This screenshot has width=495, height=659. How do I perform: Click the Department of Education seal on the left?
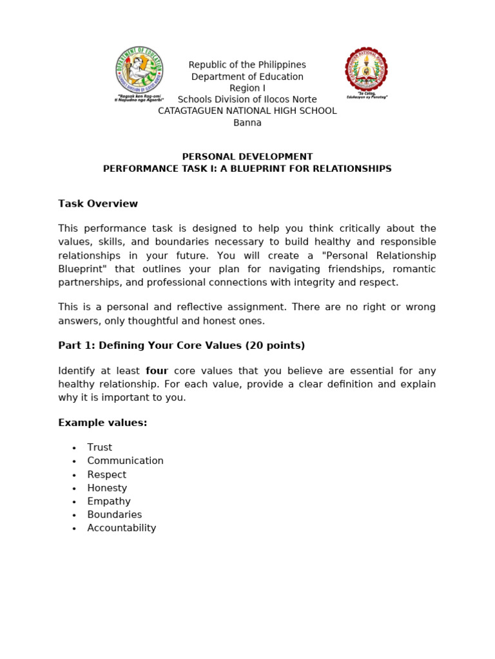pyautogui.click(x=139, y=70)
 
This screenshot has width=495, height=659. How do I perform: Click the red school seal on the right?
pyautogui.click(x=366, y=70)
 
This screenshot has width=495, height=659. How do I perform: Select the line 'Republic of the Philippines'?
pyautogui.click(x=247, y=65)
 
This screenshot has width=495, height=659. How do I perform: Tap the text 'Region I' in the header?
pyautogui.click(x=247, y=88)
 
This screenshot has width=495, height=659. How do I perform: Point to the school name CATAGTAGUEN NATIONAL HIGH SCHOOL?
pyautogui.click(x=247, y=111)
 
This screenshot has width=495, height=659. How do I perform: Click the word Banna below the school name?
pyautogui.click(x=247, y=123)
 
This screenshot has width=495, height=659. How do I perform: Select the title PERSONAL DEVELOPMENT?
pyautogui.click(x=247, y=156)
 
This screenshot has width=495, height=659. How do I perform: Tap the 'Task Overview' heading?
pyautogui.click(x=98, y=204)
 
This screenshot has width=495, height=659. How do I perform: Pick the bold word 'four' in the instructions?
pyautogui.click(x=157, y=371)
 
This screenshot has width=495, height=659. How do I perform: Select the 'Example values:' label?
pyautogui.click(x=102, y=423)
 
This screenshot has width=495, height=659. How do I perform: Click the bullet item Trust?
pyautogui.click(x=100, y=447)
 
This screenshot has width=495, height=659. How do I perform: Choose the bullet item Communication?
pyautogui.click(x=126, y=461)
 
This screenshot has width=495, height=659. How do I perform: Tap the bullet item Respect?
pyautogui.click(x=107, y=475)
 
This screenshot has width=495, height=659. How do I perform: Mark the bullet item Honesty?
pyautogui.click(x=107, y=488)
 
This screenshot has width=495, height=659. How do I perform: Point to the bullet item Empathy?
pyautogui.click(x=109, y=501)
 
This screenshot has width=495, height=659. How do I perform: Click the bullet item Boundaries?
pyautogui.click(x=115, y=515)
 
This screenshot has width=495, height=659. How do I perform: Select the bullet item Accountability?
pyautogui.click(x=122, y=528)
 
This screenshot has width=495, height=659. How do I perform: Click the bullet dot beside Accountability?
pyautogui.click(x=74, y=529)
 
